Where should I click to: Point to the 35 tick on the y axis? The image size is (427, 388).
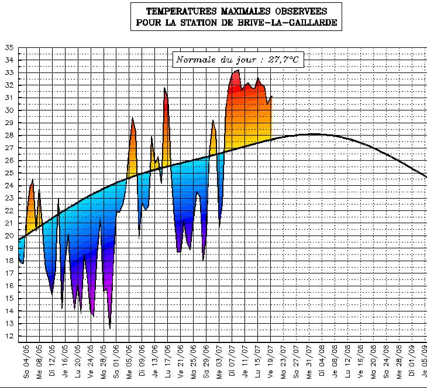[x=9, y=47]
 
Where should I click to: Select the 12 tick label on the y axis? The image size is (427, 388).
[x=9, y=336]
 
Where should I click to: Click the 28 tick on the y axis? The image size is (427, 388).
[x=9, y=135]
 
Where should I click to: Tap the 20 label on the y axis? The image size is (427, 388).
[x=9, y=235]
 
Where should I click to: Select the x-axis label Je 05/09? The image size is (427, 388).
[x=425, y=362]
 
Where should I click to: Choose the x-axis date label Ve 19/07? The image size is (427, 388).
[x=271, y=362]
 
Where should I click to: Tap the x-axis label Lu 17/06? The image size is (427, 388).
[x=167, y=362]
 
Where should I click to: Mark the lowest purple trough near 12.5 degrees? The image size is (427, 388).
[x=110, y=327]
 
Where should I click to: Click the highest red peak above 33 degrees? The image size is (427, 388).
[x=237, y=71]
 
